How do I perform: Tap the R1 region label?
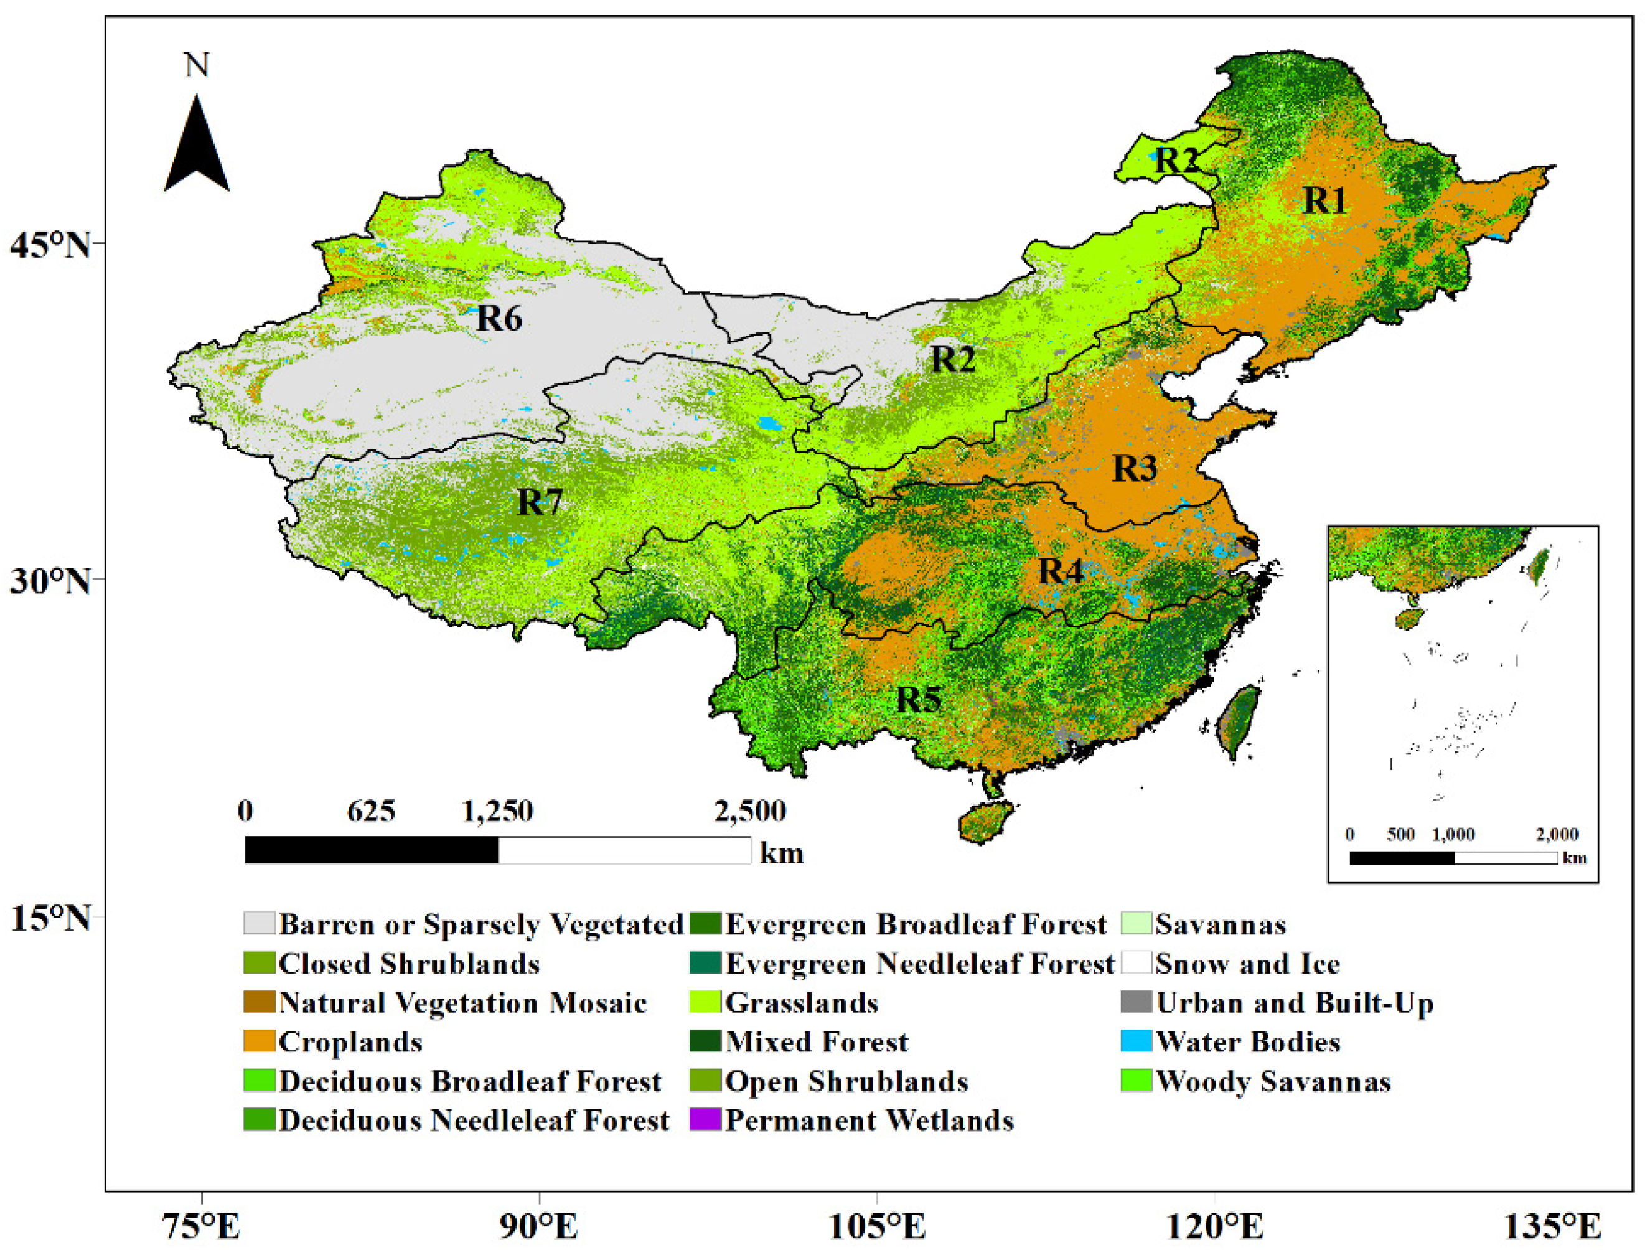(x=1324, y=200)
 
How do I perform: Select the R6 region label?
(x=499, y=319)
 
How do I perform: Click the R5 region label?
(x=918, y=700)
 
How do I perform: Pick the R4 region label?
(x=1060, y=571)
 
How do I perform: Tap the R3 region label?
(x=1135, y=469)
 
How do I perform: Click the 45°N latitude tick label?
(x=50, y=245)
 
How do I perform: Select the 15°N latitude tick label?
(x=50, y=919)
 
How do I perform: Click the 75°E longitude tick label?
(x=202, y=1226)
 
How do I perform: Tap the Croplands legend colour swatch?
(x=259, y=1041)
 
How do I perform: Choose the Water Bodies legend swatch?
(x=1136, y=1041)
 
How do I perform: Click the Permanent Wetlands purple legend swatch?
(x=705, y=1120)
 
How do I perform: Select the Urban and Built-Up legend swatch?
(x=1136, y=1002)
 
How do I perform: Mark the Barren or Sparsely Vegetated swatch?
(x=259, y=923)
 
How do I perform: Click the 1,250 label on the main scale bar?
(x=498, y=811)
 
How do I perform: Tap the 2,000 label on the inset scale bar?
(x=1557, y=835)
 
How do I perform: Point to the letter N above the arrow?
(x=197, y=65)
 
